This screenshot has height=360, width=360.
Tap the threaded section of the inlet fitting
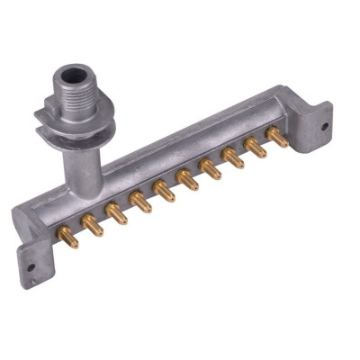pos(74,94)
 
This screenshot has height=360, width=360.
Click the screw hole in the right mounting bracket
pos(325,126)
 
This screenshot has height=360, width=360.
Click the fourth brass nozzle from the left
pos(140,202)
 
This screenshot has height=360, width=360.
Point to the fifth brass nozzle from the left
pos(164,191)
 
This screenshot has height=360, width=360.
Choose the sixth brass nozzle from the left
pos(187,180)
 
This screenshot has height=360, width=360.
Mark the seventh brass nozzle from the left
pos(211,169)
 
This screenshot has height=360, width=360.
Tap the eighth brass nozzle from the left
pos(233,158)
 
